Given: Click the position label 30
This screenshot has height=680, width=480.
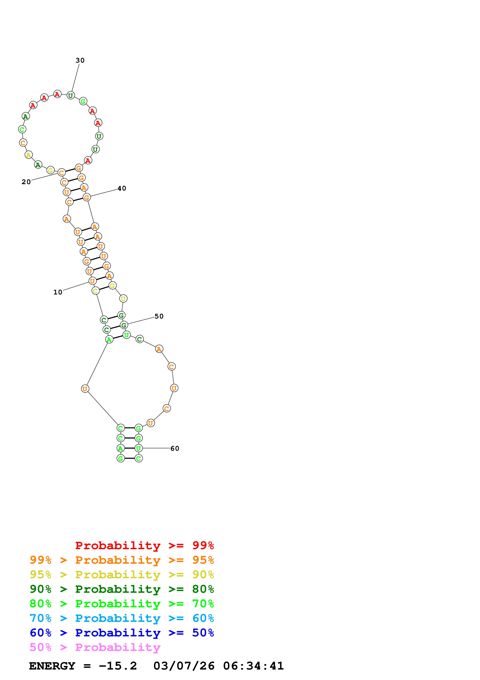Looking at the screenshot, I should pos(80,60).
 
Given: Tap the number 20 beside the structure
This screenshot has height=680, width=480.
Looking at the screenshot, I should pos(26,182).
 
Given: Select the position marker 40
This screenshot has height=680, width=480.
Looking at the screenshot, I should pos(122,188).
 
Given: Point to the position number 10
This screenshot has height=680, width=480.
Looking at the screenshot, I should pos(58,292).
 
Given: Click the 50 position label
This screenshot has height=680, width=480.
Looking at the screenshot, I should pos(159,316).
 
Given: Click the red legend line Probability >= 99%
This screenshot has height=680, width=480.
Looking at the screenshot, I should pos(144,545).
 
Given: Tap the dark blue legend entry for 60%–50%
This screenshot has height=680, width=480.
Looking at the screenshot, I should pos(122,633).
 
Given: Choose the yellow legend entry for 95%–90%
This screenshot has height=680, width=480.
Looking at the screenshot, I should pos(122,575).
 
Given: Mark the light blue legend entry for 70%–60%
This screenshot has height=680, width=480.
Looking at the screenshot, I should pos(122,618).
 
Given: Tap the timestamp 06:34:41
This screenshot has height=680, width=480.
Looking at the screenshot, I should pos(253,666).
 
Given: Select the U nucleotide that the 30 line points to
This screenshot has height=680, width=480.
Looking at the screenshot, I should pos(70,96).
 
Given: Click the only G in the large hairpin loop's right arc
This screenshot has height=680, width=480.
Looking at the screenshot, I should pos(83,102).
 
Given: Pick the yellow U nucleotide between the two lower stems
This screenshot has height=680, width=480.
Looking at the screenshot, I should pos(123,299).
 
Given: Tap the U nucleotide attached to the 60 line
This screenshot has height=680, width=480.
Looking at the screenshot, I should pos(138,448).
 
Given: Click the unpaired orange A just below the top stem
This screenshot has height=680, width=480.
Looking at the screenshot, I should pos(67,219).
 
